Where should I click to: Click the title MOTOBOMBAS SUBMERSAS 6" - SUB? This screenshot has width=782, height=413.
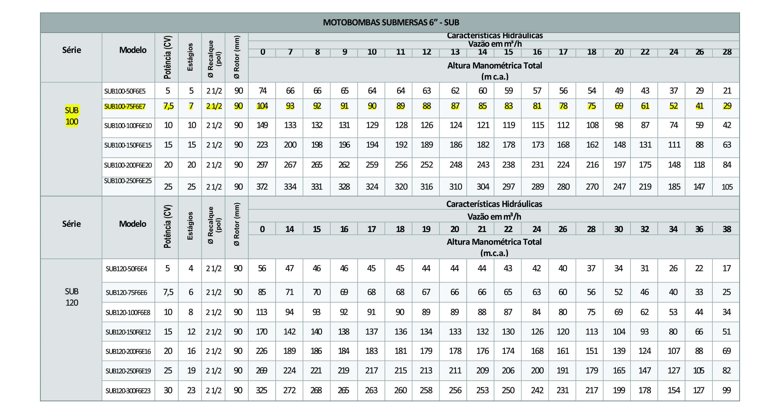[x=391, y=22]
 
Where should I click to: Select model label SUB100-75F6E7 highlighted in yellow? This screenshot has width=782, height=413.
[x=125, y=106]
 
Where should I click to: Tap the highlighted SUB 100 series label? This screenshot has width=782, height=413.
[x=72, y=116]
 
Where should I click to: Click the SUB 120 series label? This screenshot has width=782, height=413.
[x=72, y=297]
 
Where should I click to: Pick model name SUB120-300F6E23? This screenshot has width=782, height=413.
[x=128, y=391]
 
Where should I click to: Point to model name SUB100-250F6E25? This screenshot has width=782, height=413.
[x=128, y=181]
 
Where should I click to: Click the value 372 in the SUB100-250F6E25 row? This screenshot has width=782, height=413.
[x=262, y=187]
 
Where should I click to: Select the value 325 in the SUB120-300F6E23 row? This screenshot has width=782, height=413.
[x=261, y=391]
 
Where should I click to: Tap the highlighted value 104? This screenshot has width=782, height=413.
[x=262, y=106]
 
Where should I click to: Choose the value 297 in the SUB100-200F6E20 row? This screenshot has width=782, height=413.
[x=262, y=165]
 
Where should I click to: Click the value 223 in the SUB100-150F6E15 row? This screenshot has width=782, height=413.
[x=262, y=145]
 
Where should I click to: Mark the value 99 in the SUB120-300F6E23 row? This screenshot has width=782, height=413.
[x=726, y=391]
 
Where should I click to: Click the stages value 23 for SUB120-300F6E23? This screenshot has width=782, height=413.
[x=191, y=391]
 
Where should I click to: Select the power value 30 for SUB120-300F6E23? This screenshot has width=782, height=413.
[x=168, y=391]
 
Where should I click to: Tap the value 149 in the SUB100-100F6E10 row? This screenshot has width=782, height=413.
[x=262, y=125]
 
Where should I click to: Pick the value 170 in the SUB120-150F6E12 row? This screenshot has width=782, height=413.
[x=261, y=332]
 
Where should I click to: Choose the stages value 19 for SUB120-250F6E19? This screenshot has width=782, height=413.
[x=191, y=371]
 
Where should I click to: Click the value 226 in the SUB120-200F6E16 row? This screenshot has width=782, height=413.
[x=261, y=351]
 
